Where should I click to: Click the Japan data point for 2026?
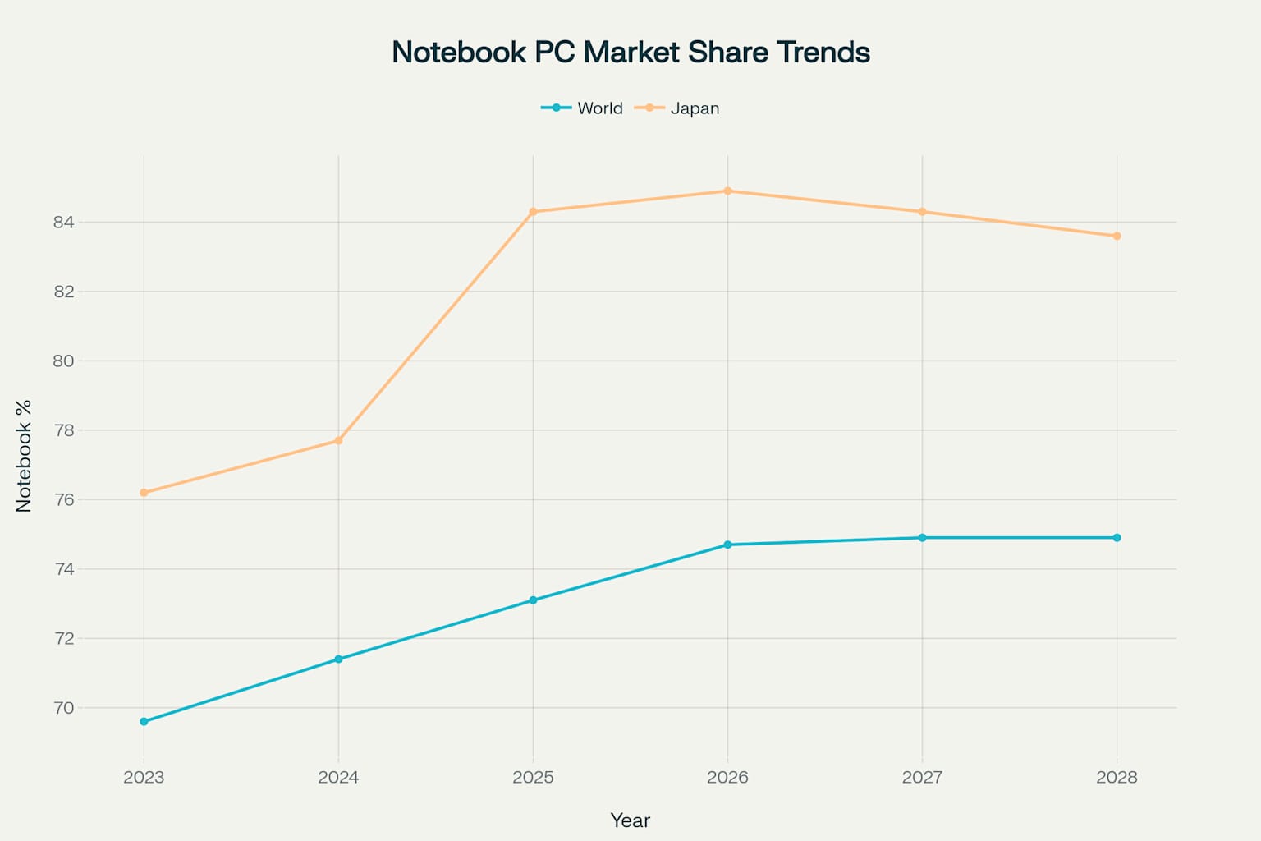click(x=727, y=191)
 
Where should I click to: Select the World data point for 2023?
click(x=144, y=722)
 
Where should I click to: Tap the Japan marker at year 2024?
click(x=338, y=441)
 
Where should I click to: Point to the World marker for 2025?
click(x=533, y=600)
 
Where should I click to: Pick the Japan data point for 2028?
click(x=1117, y=237)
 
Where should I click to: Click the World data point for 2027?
click(x=922, y=538)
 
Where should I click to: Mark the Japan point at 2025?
click(x=533, y=212)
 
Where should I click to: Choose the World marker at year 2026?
click(x=727, y=545)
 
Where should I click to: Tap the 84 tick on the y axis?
click(x=63, y=223)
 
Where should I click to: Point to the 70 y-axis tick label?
click(x=63, y=708)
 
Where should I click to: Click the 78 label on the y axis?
click(x=63, y=430)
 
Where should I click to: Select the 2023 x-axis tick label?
click(x=144, y=778)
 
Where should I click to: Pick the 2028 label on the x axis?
click(x=1117, y=778)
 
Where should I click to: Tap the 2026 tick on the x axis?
click(x=727, y=778)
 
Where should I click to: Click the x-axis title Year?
click(x=630, y=820)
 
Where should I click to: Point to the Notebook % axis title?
click(x=24, y=456)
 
